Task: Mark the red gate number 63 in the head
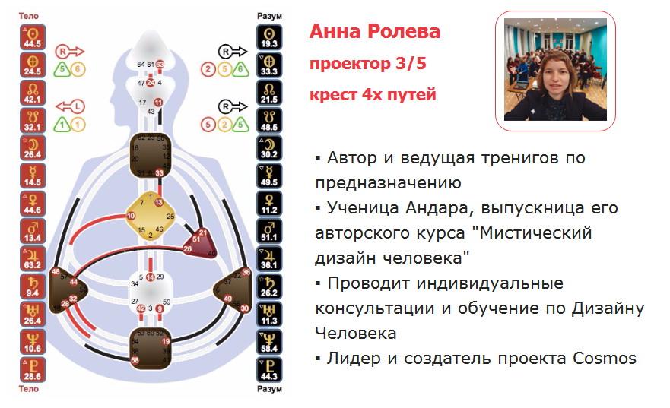pos(160,65)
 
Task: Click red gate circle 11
pos(158,103)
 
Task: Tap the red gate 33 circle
pos(159,173)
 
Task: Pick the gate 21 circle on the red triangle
pos(202,232)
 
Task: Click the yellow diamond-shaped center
pos(149,218)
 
